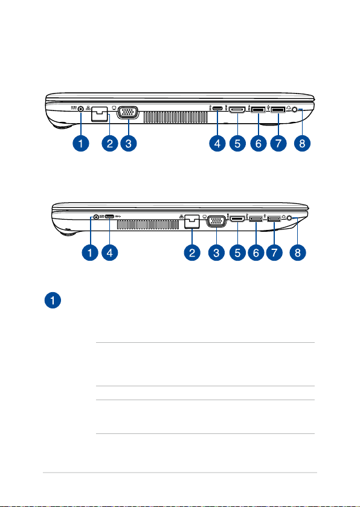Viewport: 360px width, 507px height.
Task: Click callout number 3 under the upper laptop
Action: coord(129,143)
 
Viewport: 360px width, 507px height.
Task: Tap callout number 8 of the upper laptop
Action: coord(302,143)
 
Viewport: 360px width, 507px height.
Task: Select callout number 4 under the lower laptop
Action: coord(110,252)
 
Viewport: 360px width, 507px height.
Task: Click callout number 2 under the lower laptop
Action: coord(192,252)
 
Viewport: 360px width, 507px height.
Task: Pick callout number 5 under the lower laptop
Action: coord(238,252)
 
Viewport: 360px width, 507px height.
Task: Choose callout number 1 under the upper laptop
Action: coord(80,143)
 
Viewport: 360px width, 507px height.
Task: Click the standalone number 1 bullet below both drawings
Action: coord(53,300)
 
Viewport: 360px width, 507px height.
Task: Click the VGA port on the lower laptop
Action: coord(216,222)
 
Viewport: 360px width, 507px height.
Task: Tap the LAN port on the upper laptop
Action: coord(99,114)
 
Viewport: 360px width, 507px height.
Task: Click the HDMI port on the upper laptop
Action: coord(238,110)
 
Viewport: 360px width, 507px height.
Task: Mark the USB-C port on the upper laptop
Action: coord(217,109)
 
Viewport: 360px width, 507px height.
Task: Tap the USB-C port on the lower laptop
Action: coord(109,216)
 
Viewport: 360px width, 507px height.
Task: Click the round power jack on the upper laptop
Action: coord(80,109)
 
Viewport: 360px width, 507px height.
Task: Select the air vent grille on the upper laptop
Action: coord(175,117)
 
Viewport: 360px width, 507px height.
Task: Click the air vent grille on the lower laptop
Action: coord(148,225)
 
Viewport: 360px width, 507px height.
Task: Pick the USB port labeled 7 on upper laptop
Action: coord(278,110)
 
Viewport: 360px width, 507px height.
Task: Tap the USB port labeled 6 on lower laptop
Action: coord(256,220)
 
